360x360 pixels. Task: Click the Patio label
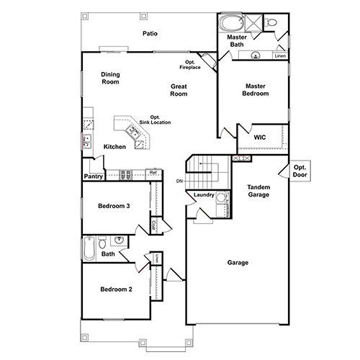coord(150,33)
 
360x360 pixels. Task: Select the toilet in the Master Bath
coord(271,22)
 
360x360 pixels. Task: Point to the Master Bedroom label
coord(256,90)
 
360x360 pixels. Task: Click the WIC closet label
coord(260,138)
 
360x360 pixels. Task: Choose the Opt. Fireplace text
coord(190,65)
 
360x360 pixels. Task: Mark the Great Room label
coord(179,90)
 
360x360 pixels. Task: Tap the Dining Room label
coord(110,78)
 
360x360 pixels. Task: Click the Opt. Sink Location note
coord(155,120)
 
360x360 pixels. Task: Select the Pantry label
coord(94,176)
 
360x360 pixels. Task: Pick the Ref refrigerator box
coord(153,174)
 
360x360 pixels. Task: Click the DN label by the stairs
coord(179,181)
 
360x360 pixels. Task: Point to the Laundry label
coord(204,195)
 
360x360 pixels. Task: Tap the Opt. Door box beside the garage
coord(300,171)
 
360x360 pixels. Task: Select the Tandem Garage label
coord(258,191)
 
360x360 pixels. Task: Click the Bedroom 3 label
coord(114,206)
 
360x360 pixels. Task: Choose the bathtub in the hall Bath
coord(89,248)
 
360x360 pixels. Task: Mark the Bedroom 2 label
coord(116,289)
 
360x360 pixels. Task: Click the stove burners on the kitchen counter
coord(126,175)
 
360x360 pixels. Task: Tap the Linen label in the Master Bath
coord(280,56)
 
